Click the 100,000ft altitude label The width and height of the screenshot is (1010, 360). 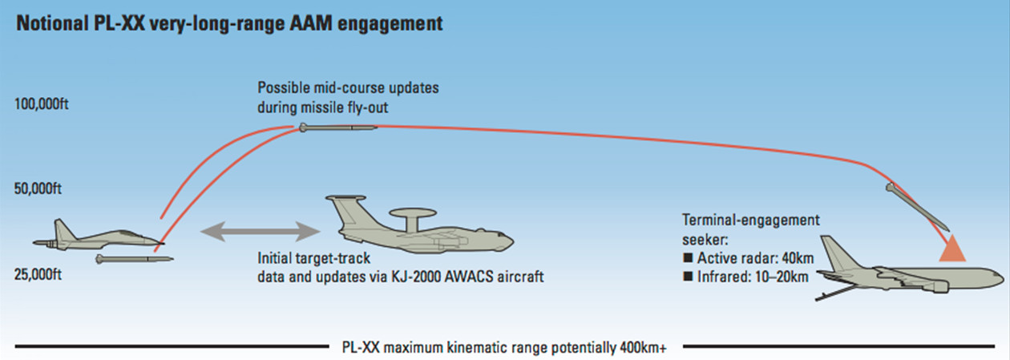coord(42,104)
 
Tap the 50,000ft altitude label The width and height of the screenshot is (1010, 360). coord(38,188)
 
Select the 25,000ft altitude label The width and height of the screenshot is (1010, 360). coord(38,274)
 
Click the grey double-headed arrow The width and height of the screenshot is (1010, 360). coord(261,232)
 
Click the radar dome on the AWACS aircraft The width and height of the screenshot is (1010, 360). coord(413,213)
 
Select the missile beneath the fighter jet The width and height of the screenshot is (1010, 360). coord(135,259)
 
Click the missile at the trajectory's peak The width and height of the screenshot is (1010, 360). coord(338,128)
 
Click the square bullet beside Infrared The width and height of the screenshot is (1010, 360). coord(688,276)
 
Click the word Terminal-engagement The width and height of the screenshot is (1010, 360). coord(751,220)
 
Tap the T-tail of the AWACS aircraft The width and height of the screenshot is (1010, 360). coord(346,199)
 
